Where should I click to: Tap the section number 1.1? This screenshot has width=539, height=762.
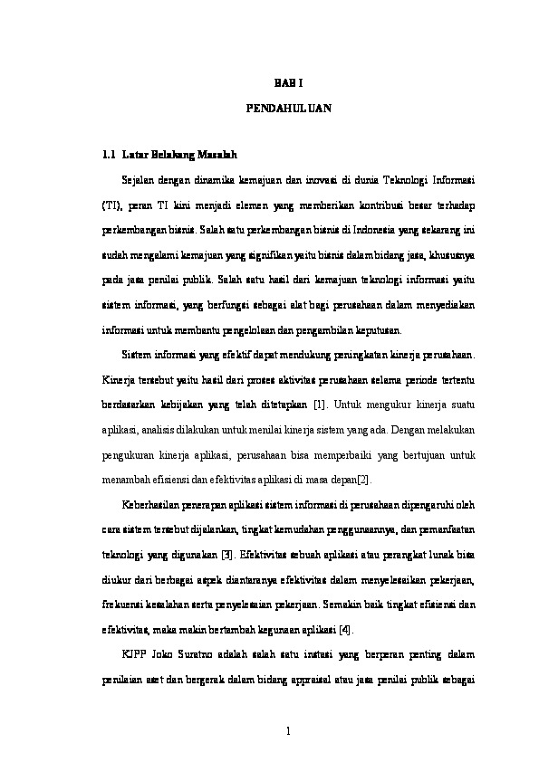[112, 155]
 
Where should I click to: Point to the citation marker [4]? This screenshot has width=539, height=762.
[345, 629]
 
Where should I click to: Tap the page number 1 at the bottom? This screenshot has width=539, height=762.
[285, 729]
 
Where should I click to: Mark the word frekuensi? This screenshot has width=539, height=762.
[124, 604]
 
